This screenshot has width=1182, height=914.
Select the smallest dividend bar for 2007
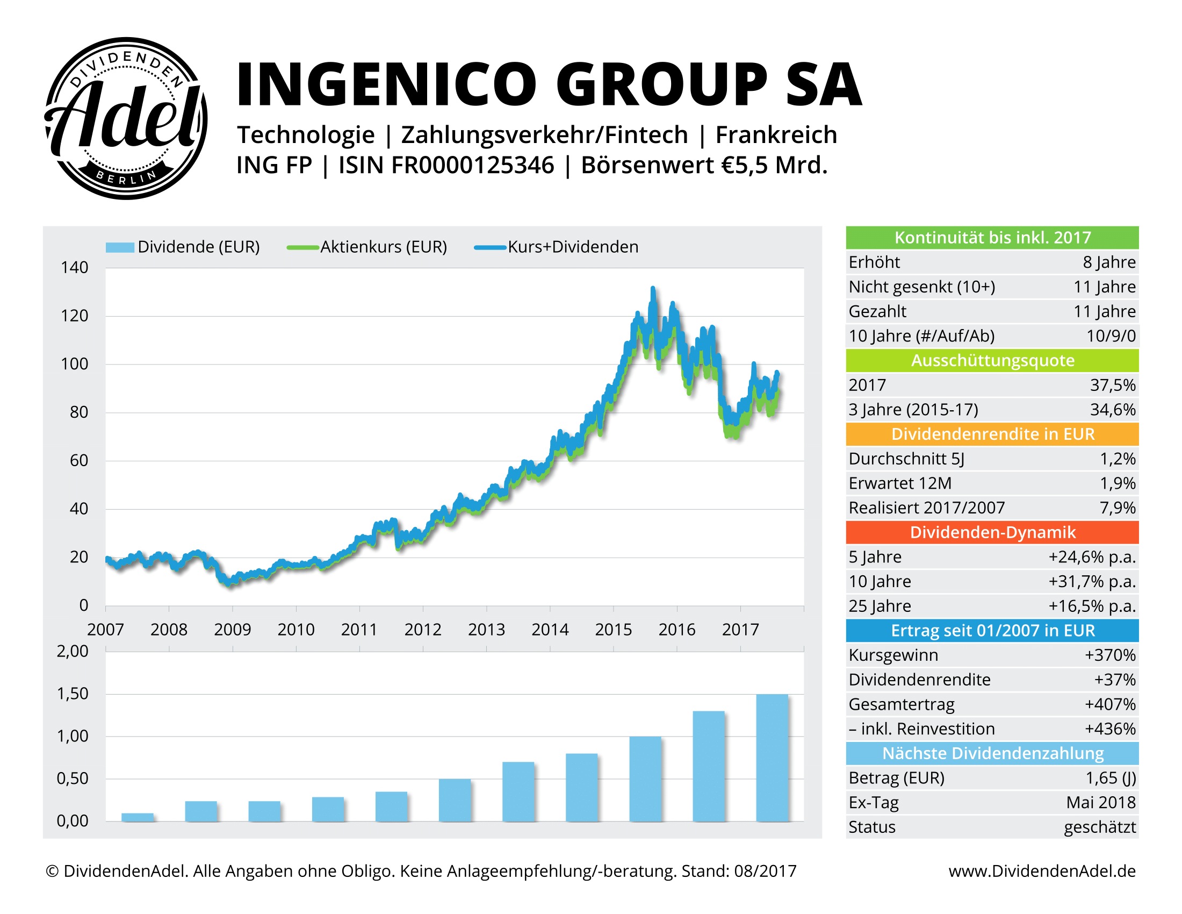coord(138,817)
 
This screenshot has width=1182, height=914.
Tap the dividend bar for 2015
coord(645,778)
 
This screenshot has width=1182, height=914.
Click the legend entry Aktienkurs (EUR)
coord(383,247)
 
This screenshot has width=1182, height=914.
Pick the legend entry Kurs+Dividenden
coord(573,247)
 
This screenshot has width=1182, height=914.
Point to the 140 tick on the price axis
coord(74,268)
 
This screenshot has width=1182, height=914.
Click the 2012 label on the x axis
coord(423,629)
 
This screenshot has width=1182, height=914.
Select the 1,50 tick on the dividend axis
coord(73,694)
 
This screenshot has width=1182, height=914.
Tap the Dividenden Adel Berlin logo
coord(126,119)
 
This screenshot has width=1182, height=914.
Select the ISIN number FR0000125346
coord(472,165)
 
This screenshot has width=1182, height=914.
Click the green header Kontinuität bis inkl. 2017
coord(991,238)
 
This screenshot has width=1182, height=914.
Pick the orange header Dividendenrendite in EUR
coord(991,434)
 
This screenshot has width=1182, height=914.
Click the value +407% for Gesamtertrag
coord(1109,704)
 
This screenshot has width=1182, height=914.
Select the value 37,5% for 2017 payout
coord(1112,385)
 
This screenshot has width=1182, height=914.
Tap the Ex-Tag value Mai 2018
coord(1100,803)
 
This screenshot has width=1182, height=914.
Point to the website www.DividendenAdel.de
coord(1041,870)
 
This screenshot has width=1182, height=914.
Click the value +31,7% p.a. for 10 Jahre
coord(1092,582)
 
